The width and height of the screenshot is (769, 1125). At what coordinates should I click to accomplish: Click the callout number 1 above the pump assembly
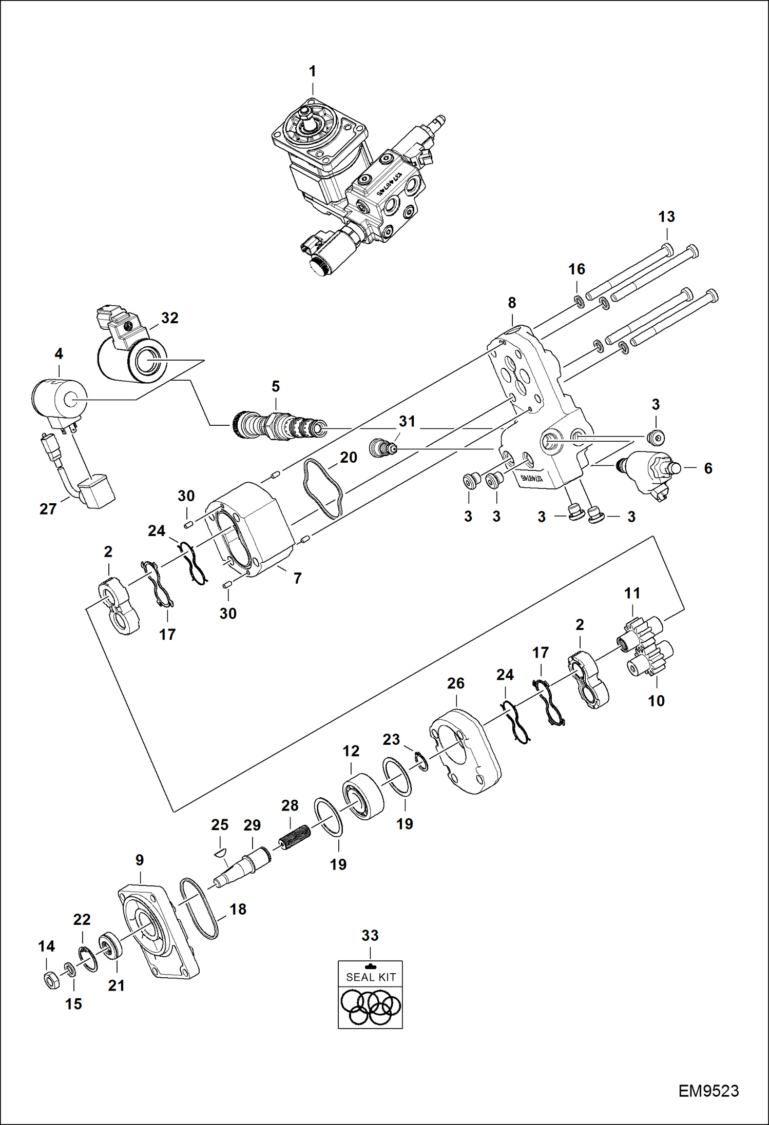[x=312, y=72]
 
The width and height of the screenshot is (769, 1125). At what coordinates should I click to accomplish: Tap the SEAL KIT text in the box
[x=371, y=977]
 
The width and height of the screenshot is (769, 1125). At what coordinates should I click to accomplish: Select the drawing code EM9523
[x=708, y=1091]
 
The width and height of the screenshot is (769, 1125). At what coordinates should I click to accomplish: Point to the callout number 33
[x=370, y=935]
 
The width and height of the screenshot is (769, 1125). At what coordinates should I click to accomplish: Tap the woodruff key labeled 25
[x=219, y=853]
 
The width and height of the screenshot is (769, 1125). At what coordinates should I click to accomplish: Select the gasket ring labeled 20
[x=323, y=488]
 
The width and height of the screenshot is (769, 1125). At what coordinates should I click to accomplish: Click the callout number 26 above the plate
[x=455, y=683]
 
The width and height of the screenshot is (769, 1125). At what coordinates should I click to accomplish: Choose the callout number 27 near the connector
[x=48, y=509]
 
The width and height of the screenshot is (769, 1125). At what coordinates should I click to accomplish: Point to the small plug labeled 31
[x=382, y=448]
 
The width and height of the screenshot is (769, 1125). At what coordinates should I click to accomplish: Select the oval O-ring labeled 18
[x=199, y=908]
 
